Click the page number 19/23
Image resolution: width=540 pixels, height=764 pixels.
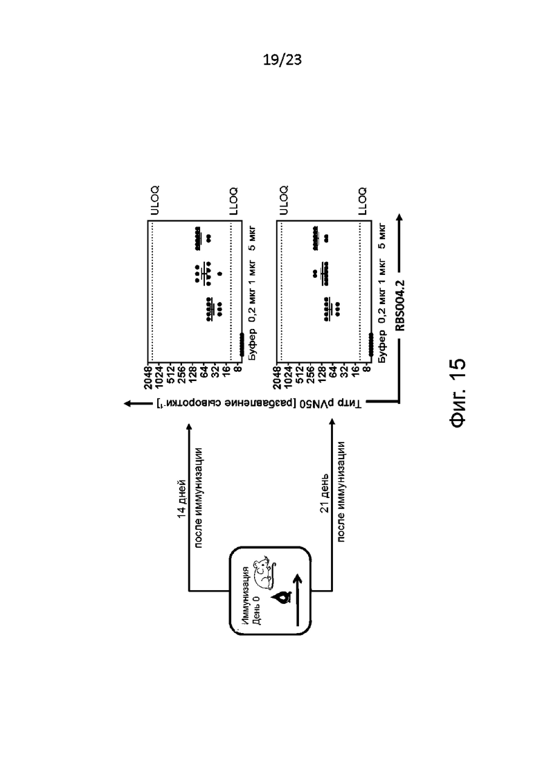pyautogui.click(x=282, y=60)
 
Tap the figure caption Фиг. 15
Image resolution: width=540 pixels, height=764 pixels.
pyautogui.click(x=458, y=393)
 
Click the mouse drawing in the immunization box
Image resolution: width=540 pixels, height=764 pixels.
pyautogui.click(x=264, y=573)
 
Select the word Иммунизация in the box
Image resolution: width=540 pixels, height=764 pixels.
pyautogui.click(x=245, y=594)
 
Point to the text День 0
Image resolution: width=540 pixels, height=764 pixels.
pyautogui.click(x=257, y=610)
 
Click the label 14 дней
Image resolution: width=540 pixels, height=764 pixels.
pyautogui.click(x=181, y=499)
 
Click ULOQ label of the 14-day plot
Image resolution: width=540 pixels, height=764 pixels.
pyautogui.click(x=154, y=200)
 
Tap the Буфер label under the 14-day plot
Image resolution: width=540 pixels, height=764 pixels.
pyautogui.click(x=253, y=346)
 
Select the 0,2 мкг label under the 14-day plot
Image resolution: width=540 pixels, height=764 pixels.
pyautogui.click(x=253, y=306)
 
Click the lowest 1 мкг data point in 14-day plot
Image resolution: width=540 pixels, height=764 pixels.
pyautogui.click(x=219, y=274)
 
